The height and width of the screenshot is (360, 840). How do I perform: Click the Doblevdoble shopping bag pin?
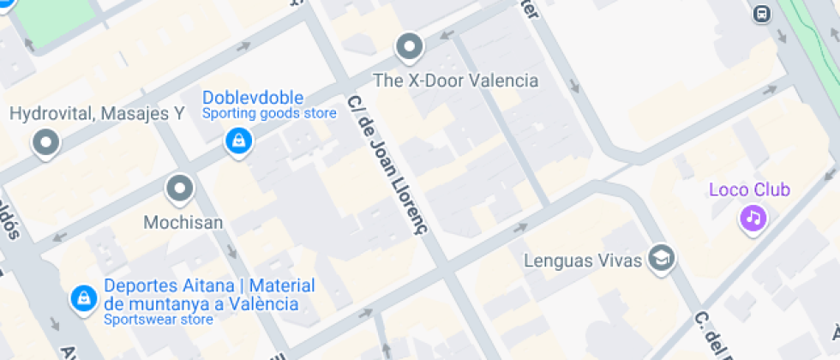click(237, 141)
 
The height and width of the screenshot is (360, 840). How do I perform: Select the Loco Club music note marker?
click(753, 218)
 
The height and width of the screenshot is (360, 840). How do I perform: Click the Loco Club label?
click(749, 190)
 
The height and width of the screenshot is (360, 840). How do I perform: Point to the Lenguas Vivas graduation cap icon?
click(661, 258)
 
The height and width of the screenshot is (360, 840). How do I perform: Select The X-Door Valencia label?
click(456, 81)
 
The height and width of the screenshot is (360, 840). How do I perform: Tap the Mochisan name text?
click(183, 223)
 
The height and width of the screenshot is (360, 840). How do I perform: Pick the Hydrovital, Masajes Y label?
click(96, 113)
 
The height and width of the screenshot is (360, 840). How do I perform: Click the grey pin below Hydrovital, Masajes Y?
click(45, 142)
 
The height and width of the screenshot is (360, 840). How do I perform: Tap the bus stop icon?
click(761, 14)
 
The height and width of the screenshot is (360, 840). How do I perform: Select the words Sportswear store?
click(158, 321)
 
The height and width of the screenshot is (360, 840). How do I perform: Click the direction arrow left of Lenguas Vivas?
click(521, 228)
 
